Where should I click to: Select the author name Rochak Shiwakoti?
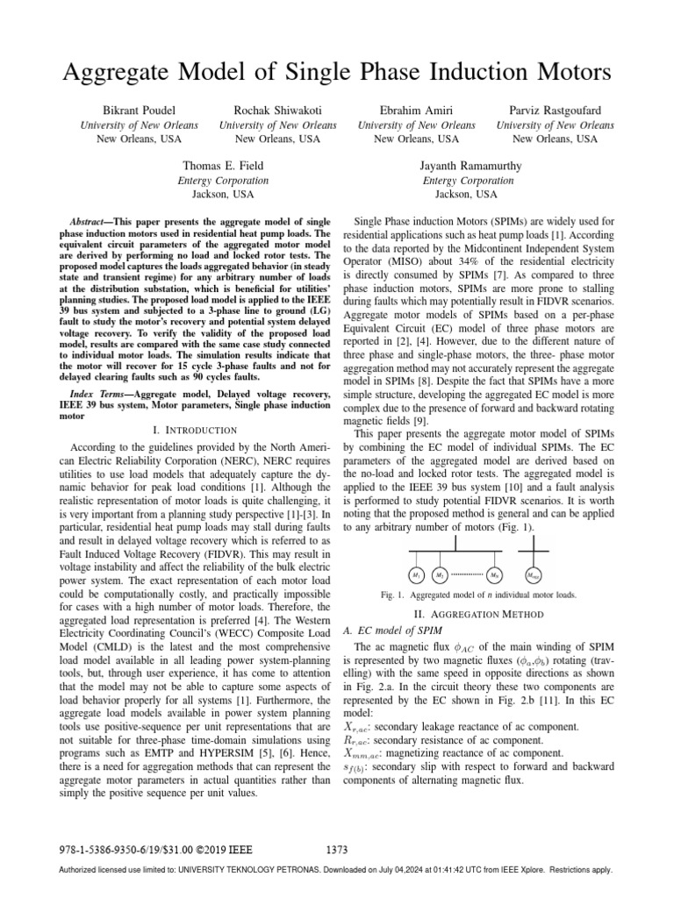point(277,110)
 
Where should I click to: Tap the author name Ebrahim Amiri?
point(416,110)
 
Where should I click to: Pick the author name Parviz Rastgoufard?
point(556,110)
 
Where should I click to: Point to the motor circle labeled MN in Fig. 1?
point(496,575)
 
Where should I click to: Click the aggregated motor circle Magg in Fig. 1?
point(533,575)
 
